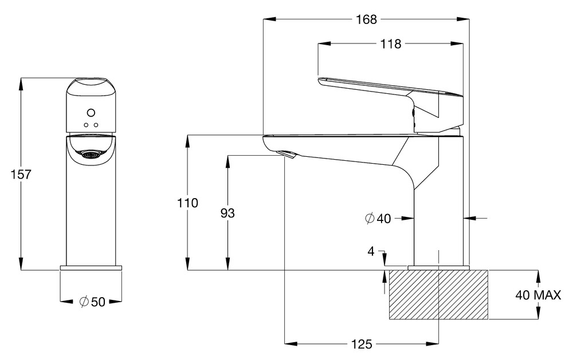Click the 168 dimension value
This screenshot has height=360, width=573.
pos(366,19)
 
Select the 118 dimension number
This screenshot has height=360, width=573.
pos(391,44)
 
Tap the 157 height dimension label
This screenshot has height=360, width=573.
pos(21,175)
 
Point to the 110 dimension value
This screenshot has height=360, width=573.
pos(188,203)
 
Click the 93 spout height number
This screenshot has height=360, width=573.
pos(227,213)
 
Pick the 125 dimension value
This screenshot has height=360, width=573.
pos(362,344)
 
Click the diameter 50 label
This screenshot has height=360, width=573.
pos(92,302)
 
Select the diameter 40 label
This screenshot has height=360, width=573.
pos(378,218)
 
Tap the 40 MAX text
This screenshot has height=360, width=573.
pos(538,295)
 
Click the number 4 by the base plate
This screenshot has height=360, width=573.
pos(371,251)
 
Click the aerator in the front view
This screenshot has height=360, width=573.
pos(91,155)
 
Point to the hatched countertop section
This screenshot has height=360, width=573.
pos(438,295)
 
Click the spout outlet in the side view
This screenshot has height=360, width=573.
pos(288,155)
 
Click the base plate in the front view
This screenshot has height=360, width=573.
pos(91,268)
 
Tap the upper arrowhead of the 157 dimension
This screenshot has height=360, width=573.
pos(21,84)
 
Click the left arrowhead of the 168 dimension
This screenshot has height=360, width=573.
pos(269,19)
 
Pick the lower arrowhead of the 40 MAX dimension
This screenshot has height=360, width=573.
pos(537,313)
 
